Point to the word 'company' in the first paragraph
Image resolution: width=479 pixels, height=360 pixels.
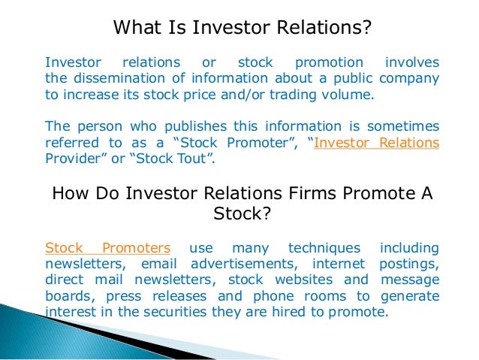(x=409, y=78)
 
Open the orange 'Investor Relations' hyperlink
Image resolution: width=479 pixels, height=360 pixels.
(x=377, y=143)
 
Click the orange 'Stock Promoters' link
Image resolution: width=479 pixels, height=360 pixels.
(x=107, y=247)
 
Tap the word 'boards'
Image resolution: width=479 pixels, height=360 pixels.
(x=68, y=298)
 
